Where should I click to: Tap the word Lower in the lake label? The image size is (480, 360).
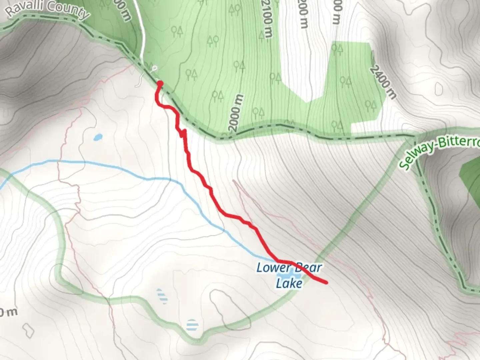click(269, 268)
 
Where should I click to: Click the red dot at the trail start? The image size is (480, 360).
click(160, 83)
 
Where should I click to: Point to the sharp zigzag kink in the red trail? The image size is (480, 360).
click(183, 133)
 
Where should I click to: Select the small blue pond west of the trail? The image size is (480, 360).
click(98, 137)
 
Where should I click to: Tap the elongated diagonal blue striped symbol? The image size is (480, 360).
click(162, 296)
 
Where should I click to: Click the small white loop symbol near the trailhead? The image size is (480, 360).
click(154, 69)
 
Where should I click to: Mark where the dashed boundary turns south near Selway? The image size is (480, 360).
click(415, 136)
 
